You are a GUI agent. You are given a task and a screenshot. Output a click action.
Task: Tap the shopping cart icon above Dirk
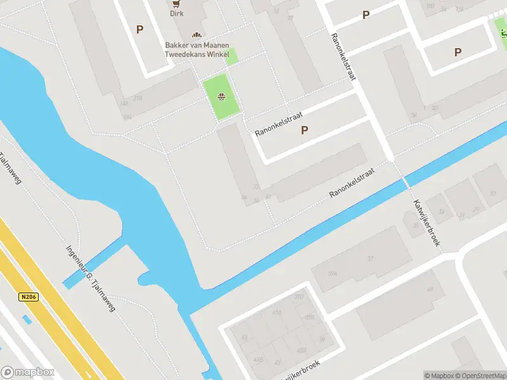tap(175, 3)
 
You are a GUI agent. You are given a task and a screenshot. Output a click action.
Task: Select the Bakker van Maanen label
tap(196, 45)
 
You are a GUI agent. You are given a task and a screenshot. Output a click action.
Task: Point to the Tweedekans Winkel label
tap(196, 54)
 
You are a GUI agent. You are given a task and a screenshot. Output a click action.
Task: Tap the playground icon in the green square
tap(221, 97)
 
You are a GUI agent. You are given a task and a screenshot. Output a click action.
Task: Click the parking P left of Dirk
tap(139, 29)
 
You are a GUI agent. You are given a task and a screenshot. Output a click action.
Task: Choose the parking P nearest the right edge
tap(458, 53)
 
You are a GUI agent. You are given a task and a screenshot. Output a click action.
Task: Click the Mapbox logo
tap(28, 372)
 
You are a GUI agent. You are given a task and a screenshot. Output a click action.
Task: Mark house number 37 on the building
tap(371, 258)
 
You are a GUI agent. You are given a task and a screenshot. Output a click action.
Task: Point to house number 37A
tap(332, 274)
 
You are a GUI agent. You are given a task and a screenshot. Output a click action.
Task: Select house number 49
tap(430, 289)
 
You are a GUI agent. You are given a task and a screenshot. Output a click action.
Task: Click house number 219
tap(138, 98)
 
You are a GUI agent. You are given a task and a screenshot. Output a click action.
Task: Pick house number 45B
tap(301, 350)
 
